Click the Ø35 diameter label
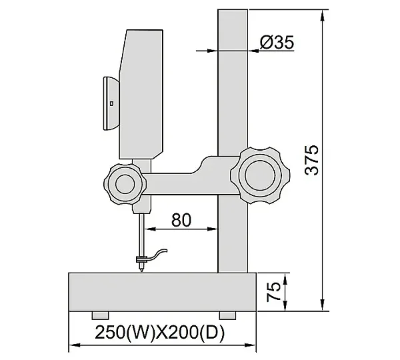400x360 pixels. point(277,42)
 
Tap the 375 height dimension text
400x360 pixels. point(312,160)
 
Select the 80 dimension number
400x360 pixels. point(181,220)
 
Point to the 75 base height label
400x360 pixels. point(273,291)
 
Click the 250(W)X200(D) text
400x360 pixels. point(160,332)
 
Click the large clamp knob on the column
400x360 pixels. point(260,175)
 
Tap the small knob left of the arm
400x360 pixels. point(125,184)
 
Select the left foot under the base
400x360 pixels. point(100,315)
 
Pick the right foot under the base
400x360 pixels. point(227,315)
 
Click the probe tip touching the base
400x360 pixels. point(141,271)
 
